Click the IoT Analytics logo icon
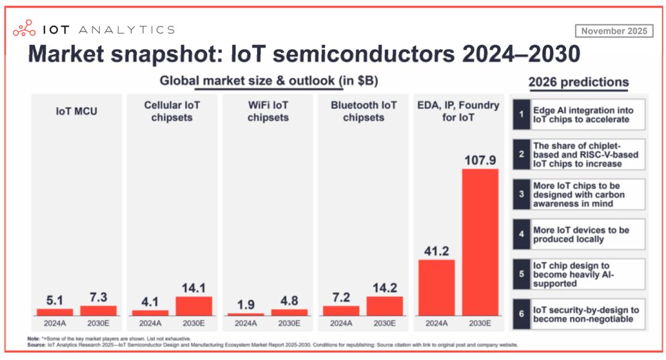25,28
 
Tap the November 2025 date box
614,31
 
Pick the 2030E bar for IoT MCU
99,311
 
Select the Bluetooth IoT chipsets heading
364,111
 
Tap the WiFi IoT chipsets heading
268,111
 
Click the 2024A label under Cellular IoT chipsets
150,323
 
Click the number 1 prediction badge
522,114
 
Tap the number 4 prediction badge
522,234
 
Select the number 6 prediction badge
522,314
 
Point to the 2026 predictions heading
578,82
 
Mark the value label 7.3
99,297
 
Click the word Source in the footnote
36,345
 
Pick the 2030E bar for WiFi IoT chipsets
289,312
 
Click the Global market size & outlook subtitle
269,81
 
